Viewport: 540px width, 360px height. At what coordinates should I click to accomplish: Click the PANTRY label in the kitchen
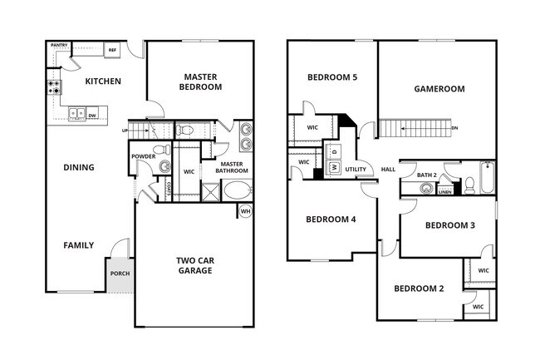tap(59, 46)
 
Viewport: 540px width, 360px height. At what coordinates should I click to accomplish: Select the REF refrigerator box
tap(112, 51)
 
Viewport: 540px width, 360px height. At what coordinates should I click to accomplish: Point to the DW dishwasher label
tap(92, 116)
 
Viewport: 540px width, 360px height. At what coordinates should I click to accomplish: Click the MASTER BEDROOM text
tap(202, 81)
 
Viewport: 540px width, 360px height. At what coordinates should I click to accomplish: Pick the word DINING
tap(79, 167)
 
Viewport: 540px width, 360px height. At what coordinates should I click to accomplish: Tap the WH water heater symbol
tap(245, 211)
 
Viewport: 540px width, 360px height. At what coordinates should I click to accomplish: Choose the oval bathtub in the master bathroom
tap(238, 190)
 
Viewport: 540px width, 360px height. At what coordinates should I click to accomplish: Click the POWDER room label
tap(142, 155)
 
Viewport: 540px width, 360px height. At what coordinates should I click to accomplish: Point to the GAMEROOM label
tap(439, 89)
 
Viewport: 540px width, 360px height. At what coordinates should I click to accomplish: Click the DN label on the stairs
tap(454, 129)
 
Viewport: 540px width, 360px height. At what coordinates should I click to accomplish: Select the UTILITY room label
tap(356, 169)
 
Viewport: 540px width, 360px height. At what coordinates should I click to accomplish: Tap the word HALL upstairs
tap(388, 169)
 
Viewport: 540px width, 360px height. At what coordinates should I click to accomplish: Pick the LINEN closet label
tap(445, 191)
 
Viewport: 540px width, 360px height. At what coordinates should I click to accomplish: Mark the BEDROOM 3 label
tap(450, 225)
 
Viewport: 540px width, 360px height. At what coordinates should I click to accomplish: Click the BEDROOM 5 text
tap(332, 77)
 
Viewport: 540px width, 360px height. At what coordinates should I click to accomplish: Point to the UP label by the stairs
tap(125, 131)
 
